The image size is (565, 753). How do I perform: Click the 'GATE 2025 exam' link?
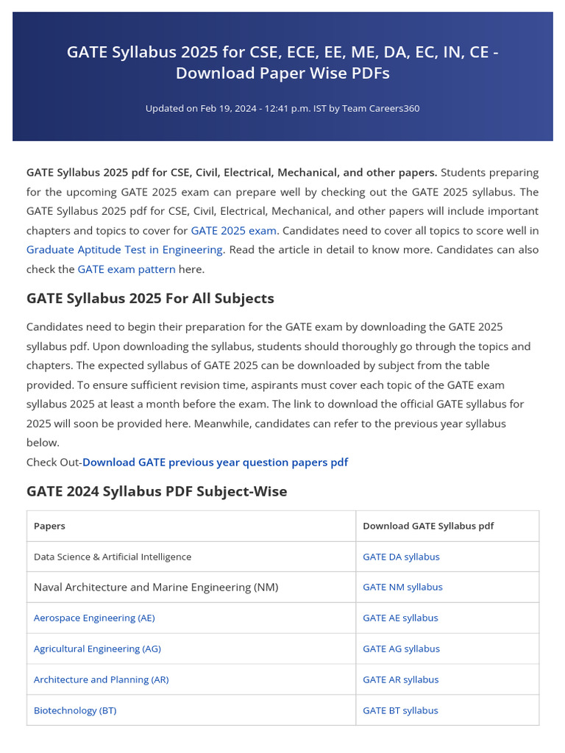click(x=233, y=230)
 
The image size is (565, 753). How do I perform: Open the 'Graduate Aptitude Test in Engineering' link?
click(x=124, y=249)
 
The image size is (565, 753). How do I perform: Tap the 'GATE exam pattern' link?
click(x=127, y=269)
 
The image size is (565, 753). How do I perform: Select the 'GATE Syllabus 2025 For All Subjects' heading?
click(x=150, y=299)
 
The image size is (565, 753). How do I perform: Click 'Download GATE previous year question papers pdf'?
click(x=215, y=462)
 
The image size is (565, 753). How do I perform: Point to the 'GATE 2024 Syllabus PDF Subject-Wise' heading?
click(x=157, y=491)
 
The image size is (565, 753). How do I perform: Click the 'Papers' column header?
click(x=49, y=526)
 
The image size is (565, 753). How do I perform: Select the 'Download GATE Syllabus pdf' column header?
click(x=428, y=526)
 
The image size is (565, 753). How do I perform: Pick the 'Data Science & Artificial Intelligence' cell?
click(x=113, y=557)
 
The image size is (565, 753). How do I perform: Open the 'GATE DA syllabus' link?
click(x=401, y=557)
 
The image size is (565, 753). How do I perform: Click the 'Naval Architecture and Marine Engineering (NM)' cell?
click(x=156, y=587)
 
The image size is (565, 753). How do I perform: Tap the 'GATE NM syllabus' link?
click(x=402, y=587)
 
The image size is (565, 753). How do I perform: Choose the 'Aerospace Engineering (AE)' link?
click(x=94, y=618)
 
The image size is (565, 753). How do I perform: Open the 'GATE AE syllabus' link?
click(x=400, y=618)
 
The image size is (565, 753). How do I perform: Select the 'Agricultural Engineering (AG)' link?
click(x=97, y=649)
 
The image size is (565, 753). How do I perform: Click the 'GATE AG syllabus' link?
click(x=401, y=649)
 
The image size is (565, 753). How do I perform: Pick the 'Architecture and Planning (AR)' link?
click(x=101, y=679)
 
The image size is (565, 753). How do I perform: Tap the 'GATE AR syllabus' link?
click(x=400, y=679)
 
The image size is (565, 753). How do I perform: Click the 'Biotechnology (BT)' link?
click(x=75, y=710)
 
